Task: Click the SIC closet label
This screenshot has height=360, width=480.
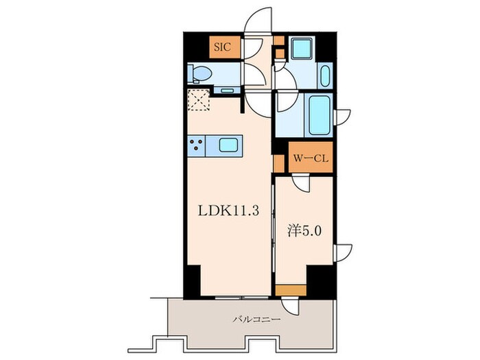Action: pyautogui.click(x=223, y=47)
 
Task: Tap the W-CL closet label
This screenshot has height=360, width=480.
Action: pyautogui.click(x=311, y=158)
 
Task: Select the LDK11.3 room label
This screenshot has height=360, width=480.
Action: pyautogui.click(x=228, y=211)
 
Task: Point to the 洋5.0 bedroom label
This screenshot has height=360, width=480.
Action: pyautogui.click(x=304, y=231)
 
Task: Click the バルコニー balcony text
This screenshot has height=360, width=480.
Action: pyautogui.click(x=256, y=320)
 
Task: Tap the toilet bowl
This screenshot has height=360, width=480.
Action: pyautogui.click(x=200, y=74)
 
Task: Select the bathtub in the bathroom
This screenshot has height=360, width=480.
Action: pyautogui.click(x=320, y=115)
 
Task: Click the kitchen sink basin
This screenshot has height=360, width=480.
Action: pyautogui.click(x=228, y=145)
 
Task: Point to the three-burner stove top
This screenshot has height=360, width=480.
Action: pyautogui.click(x=196, y=145)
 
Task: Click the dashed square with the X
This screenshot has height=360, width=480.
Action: pyautogui.click(x=199, y=100)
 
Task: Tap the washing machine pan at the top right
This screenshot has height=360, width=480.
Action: pyautogui.click(x=302, y=49)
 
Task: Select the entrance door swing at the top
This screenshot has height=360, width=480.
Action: pyautogui.click(x=258, y=20)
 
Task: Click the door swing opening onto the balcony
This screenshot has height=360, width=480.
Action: pyautogui.click(x=290, y=304)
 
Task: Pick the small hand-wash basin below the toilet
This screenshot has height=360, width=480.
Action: pyautogui.click(x=227, y=91)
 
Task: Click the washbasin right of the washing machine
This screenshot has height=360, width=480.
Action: pyautogui.click(x=325, y=75)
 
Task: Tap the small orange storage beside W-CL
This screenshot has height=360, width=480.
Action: pyautogui.click(x=278, y=163)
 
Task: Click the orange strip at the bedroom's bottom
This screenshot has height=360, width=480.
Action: pyautogui.click(x=291, y=290)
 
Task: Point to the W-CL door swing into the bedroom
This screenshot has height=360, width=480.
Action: pyautogui.click(x=301, y=183)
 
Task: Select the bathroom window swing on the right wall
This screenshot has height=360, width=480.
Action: pyautogui.click(x=342, y=117)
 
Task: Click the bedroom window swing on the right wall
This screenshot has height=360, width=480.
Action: pyautogui.click(x=343, y=253)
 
